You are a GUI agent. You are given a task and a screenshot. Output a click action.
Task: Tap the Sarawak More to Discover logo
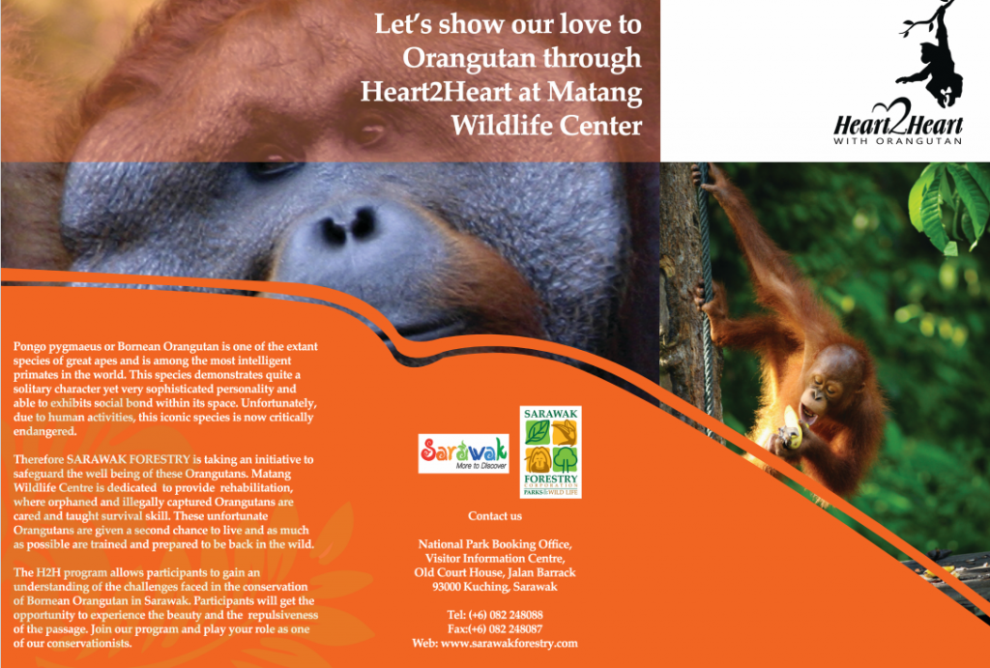click(x=463, y=452)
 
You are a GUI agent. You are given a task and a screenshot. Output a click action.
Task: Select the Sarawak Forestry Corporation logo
click(x=550, y=452)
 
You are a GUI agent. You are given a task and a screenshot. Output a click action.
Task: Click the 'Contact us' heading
click(x=495, y=516)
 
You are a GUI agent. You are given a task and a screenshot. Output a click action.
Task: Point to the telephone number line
click(x=495, y=614)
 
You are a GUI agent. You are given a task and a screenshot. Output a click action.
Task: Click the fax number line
click(x=495, y=629)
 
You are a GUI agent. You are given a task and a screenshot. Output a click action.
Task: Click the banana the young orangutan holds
click(x=791, y=428)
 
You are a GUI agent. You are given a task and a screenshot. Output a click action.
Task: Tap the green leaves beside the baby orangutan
click(x=948, y=205)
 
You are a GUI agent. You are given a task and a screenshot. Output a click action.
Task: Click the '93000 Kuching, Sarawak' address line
click(x=495, y=587)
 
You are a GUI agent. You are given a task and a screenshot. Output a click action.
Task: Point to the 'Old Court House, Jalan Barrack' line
click(x=495, y=572)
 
